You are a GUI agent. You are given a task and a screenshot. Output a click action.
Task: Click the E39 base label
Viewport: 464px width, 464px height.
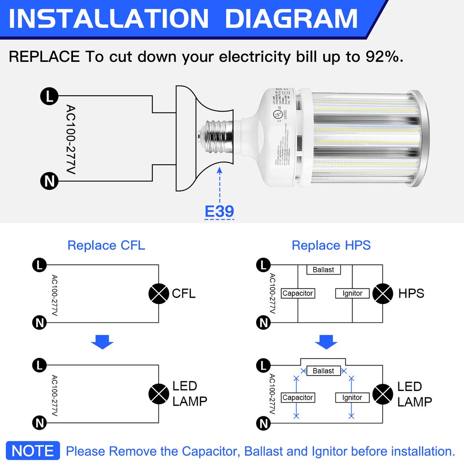219,211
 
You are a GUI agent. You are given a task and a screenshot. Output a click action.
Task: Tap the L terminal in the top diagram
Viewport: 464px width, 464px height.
48,96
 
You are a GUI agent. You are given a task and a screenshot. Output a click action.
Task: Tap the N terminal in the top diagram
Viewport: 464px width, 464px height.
48,182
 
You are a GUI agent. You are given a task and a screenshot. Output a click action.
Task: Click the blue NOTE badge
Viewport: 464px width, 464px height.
33,450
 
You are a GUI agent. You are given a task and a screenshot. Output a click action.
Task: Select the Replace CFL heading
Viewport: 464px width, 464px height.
106,245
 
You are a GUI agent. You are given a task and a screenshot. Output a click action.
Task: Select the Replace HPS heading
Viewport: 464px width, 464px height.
331,245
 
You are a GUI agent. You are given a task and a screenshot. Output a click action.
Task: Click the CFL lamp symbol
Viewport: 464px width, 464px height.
159,293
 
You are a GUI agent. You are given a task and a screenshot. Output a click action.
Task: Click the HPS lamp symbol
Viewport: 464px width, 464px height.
383,293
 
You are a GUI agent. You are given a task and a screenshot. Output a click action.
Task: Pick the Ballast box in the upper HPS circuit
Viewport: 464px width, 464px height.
323,269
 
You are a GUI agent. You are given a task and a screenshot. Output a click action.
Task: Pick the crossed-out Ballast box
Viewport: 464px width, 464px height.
323,371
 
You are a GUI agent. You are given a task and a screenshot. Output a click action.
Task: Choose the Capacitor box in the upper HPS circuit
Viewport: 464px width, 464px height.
298,293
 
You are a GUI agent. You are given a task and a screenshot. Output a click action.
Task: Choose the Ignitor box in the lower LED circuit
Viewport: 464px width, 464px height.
352,397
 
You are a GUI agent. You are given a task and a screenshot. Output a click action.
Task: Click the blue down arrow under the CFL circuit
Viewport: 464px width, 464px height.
102,343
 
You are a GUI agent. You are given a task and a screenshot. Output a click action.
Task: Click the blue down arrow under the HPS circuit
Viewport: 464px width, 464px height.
326,343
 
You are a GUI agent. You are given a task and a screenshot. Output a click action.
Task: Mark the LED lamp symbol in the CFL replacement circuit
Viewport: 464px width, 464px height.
159,393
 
